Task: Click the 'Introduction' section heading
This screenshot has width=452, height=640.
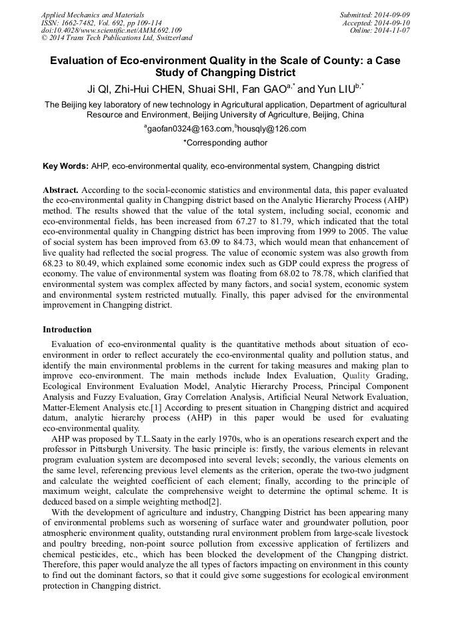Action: [67, 330]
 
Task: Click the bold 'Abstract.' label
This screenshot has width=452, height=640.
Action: [61, 190]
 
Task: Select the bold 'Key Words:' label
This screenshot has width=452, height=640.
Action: [65, 166]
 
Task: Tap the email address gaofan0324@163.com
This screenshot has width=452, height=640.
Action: [187, 129]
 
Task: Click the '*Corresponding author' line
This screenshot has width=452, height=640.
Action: [225, 143]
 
